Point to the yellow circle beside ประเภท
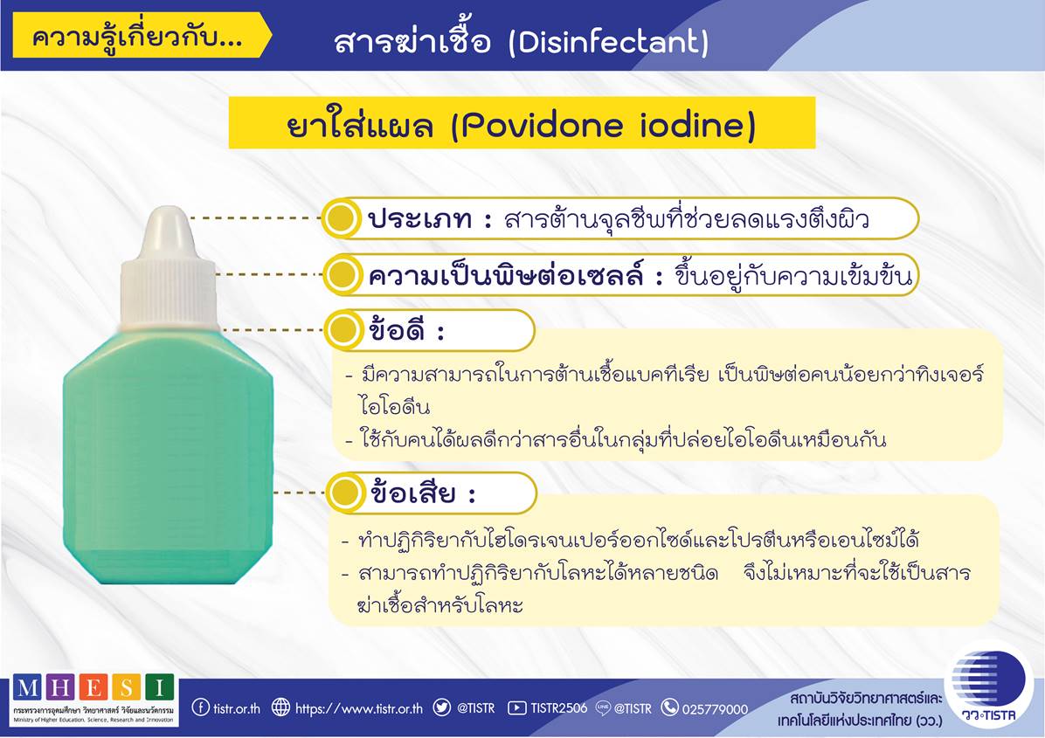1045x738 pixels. pyautogui.click(x=342, y=217)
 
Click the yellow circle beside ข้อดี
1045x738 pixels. pyautogui.click(x=343, y=329)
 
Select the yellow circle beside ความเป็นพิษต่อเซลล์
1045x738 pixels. pyautogui.click(x=342, y=273)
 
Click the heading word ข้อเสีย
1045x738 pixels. pyautogui.click(x=413, y=493)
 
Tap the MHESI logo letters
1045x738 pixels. pyautogui.click(x=94, y=686)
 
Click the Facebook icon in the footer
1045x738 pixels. pyautogui.click(x=200, y=707)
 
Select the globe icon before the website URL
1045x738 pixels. pyautogui.click(x=280, y=707)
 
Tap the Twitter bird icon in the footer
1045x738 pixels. pyautogui.click(x=442, y=707)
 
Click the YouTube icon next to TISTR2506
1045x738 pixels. pyautogui.click(x=516, y=707)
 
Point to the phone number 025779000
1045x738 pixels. pyautogui.click(x=715, y=708)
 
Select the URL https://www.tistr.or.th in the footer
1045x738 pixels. pyautogui.click(x=358, y=708)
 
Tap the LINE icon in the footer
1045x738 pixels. pyautogui.click(x=603, y=707)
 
